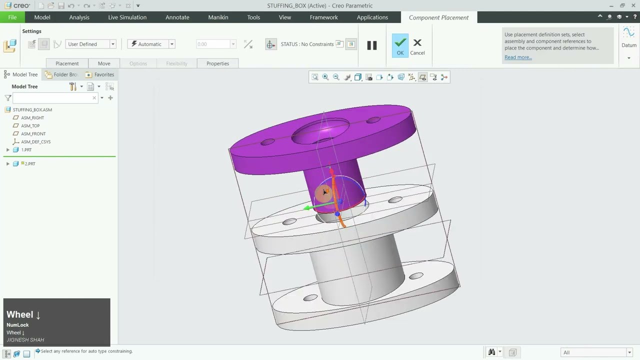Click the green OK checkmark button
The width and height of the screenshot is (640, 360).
pyautogui.click(x=400, y=45)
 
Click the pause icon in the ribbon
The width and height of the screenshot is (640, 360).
pyautogui.click(x=371, y=45)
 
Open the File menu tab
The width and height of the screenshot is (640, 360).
pyautogui.click(x=12, y=17)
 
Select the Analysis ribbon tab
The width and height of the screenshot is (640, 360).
pyautogui.click(x=79, y=17)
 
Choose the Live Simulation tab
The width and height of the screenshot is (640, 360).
pyautogui.click(x=127, y=17)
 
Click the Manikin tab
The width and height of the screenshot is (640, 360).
pyautogui.click(x=218, y=17)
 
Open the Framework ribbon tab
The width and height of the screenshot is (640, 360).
pyautogui.click(x=323, y=17)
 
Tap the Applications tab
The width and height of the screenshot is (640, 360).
pyautogui.click(x=372, y=17)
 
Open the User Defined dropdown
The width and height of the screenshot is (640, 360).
pyautogui.click(x=91, y=44)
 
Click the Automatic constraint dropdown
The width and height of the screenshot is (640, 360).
pyautogui.click(x=151, y=44)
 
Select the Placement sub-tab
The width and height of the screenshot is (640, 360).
pyautogui.click(x=67, y=63)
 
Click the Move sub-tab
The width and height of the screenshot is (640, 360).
pyautogui.click(x=104, y=63)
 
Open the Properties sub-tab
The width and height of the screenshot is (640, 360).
pyautogui.click(x=217, y=63)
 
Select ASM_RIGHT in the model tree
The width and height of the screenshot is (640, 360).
pyautogui.click(x=32, y=117)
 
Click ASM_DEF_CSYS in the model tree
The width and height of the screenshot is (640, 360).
pyautogui.click(x=35, y=141)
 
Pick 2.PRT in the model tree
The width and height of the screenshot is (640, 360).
pyautogui.click(x=30, y=163)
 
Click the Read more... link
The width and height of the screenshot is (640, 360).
pyautogui.click(x=518, y=57)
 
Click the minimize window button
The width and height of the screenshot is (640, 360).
pyautogui.click(x=611, y=5)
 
